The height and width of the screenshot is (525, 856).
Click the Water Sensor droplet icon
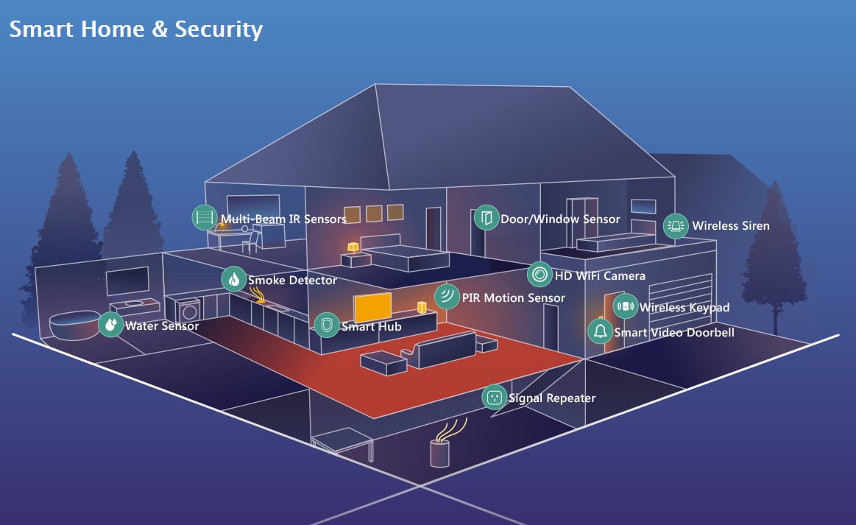[110, 324]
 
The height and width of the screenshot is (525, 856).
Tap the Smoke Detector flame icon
[234, 279]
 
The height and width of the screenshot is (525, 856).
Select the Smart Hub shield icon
[327, 325]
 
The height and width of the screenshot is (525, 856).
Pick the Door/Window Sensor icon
[486, 218]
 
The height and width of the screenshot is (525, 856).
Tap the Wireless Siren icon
[676, 226]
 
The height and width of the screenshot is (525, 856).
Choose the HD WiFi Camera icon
[540, 275]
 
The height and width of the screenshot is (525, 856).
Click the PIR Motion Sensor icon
[447, 297]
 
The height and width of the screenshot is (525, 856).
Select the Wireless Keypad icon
[626, 306]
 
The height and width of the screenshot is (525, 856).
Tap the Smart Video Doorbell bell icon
[600, 331]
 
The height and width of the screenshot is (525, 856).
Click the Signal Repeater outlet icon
[494, 398]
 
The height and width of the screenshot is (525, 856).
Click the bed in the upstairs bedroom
[405, 256]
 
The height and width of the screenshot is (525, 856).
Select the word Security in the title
[219, 29]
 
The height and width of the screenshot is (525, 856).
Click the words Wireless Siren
[730, 226]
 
